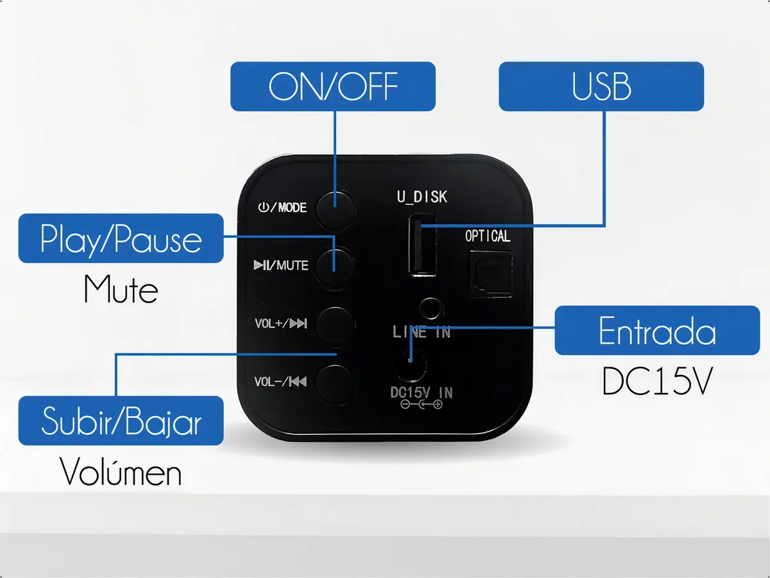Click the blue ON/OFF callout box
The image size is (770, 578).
click(333, 86)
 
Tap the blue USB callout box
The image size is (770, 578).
click(601, 86)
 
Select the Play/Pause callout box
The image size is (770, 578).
click(121, 238)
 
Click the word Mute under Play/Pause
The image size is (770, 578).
click(121, 290)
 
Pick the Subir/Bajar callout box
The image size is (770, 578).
click(121, 421)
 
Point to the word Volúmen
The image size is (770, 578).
click(121, 471)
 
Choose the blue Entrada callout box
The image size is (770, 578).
click(658, 330)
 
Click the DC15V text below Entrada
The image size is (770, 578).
click(658, 381)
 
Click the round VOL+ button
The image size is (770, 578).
click(335, 324)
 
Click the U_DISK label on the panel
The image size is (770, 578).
click(422, 197)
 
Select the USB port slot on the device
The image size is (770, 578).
click(422, 245)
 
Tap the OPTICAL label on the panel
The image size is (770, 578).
click(488, 236)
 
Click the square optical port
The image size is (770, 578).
click(491, 274)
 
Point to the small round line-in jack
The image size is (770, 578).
click(431, 309)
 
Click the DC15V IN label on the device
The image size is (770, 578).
click(422, 392)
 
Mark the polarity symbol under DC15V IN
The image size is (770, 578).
click(422, 405)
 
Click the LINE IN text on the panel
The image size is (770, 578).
click(422, 332)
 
